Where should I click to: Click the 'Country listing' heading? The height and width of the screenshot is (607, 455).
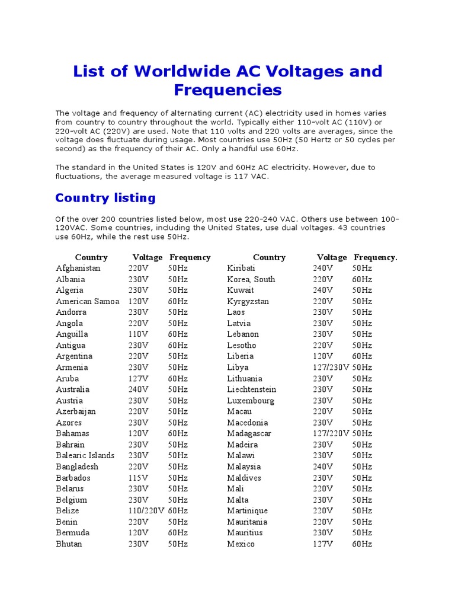pyautogui.click(x=105, y=198)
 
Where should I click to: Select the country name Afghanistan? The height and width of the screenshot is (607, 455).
pyautogui.click(x=78, y=268)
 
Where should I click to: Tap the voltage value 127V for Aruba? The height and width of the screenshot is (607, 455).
pyautogui.click(x=138, y=378)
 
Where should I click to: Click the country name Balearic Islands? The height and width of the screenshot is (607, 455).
pyautogui.click(x=85, y=455)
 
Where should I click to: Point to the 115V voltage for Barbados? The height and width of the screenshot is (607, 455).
pyautogui.click(x=138, y=478)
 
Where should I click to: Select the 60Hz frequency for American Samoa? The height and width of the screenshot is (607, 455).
pyautogui.click(x=178, y=301)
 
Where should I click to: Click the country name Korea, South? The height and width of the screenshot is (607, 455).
pyautogui.click(x=251, y=279)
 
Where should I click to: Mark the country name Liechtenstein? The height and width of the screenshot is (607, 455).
pyautogui.click(x=252, y=389)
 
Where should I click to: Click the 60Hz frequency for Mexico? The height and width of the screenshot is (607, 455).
pyautogui.click(x=362, y=544)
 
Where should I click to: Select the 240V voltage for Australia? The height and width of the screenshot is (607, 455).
pyautogui.click(x=138, y=389)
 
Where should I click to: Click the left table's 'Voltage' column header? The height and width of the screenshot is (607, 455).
pyautogui.click(x=147, y=257)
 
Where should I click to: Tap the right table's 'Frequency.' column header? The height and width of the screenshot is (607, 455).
pyautogui.click(x=376, y=257)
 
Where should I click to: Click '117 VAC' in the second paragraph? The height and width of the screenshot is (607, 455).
pyautogui.click(x=251, y=176)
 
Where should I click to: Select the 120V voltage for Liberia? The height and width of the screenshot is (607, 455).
pyautogui.click(x=322, y=356)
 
